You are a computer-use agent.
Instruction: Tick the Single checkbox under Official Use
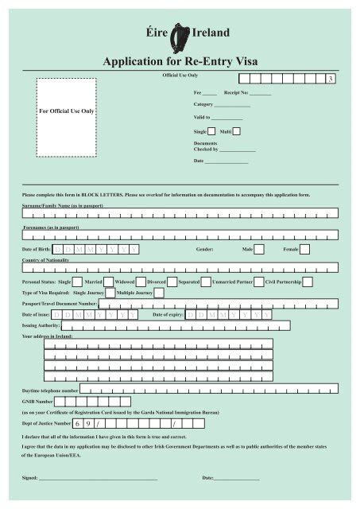point(212,131)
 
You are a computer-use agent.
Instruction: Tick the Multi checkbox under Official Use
point(238,131)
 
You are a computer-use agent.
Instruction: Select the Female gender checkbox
point(304,249)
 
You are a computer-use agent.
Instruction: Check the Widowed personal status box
point(141,282)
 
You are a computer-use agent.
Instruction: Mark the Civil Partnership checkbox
point(308,282)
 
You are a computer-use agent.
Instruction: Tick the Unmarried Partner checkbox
point(260,282)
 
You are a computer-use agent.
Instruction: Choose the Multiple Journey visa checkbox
point(159,293)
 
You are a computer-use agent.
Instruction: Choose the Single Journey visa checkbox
point(110,293)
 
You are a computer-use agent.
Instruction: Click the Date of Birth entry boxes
point(96,249)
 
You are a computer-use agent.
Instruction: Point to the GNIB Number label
point(37,402)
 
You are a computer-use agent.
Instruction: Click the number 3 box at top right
point(330,80)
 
